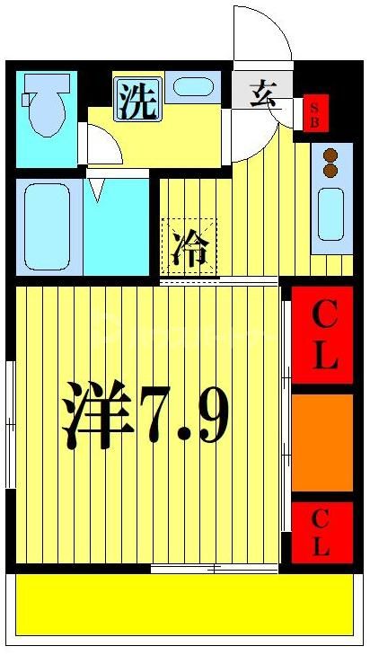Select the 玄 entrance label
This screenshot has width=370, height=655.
(261, 93)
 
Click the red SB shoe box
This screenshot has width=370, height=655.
(314, 112)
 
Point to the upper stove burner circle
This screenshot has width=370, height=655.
(330, 154)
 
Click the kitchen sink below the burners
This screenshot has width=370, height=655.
(330, 214)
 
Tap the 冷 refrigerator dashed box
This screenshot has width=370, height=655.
(189, 246)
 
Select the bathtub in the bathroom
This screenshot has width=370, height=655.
(47, 226)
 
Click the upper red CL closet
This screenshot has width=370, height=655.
(322, 335)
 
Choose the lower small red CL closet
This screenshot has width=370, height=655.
(322, 531)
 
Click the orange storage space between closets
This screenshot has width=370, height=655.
(322, 442)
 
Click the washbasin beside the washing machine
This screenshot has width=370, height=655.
(190, 88)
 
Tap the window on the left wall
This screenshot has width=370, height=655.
(9, 422)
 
